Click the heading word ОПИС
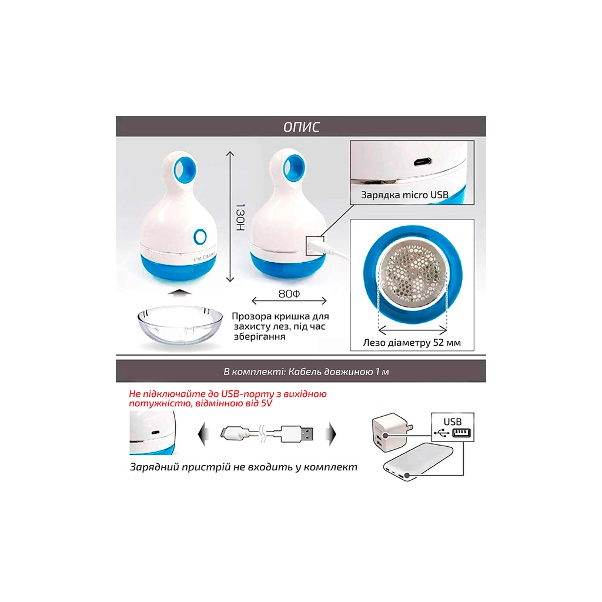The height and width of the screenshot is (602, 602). point(302,127)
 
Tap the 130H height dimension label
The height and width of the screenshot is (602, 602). point(240,218)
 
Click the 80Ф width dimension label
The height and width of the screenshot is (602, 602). point(289,294)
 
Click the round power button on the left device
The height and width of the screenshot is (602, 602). point(200,236)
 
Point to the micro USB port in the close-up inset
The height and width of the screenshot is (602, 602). point(422,162)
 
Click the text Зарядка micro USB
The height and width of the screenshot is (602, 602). point(404,195)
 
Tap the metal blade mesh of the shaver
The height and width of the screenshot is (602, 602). point(413,273)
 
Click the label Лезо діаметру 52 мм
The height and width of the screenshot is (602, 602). point(412,343)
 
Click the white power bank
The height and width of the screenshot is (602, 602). point(419,461)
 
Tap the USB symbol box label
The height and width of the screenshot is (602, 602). point(453,427)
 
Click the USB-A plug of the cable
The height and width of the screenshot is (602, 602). point(296,434)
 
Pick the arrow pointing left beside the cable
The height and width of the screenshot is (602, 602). point(203,434)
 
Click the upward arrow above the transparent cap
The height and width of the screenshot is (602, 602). point(180,293)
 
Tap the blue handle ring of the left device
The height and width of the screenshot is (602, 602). point(185,170)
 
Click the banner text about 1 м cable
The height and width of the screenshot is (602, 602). point(306,372)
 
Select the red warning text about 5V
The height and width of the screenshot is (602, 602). point(228,399)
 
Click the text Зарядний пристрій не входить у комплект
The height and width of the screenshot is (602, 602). point(243,467)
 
